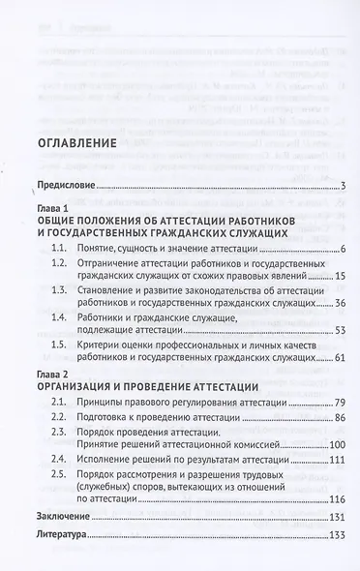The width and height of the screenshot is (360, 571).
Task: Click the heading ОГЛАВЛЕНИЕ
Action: tap(75, 144)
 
